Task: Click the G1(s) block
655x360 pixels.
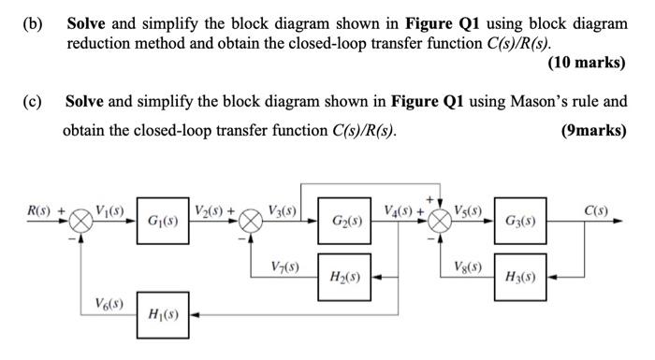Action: (x=163, y=223)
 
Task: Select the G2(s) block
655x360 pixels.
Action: (x=342, y=223)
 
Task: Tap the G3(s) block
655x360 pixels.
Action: (x=520, y=223)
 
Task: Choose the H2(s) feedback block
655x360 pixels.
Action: (x=342, y=277)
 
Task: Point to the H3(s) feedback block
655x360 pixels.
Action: (x=520, y=277)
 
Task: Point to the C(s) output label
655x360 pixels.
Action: (x=596, y=211)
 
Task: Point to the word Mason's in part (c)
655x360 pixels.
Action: (x=523, y=99)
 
